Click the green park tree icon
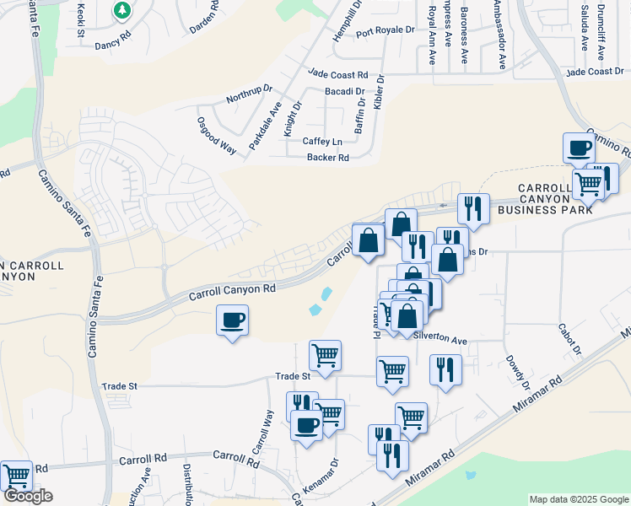point(123,11)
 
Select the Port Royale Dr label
point(386,31)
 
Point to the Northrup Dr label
point(249,94)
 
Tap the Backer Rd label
point(327,158)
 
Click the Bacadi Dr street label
point(344,91)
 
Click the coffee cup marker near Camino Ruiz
point(579,148)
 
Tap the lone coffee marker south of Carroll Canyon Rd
point(232,321)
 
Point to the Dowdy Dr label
point(518,370)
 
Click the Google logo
point(28,496)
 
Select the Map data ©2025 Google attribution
point(578,499)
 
